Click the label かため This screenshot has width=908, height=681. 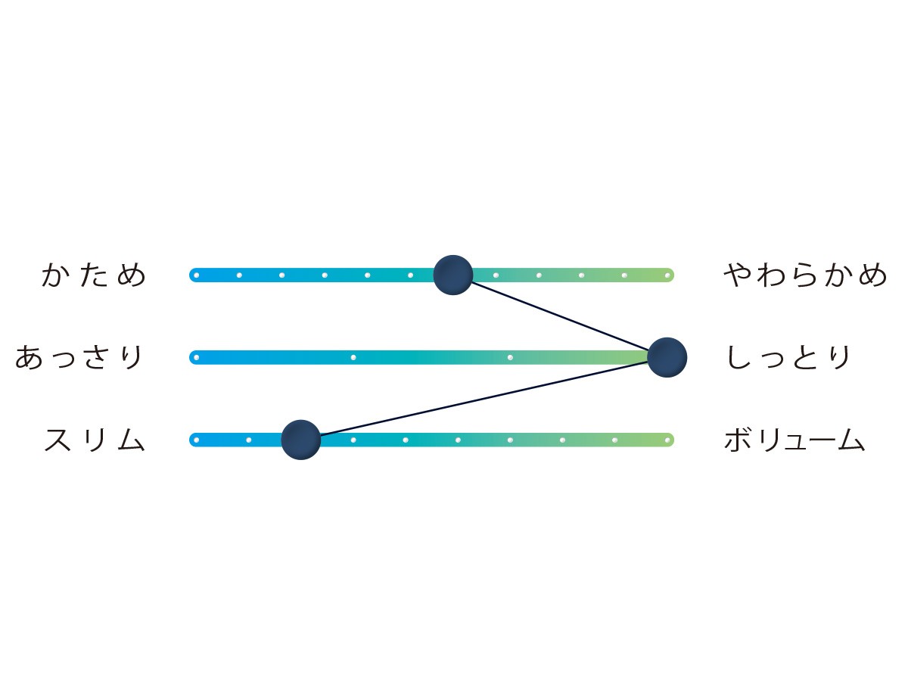[x=94, y=275]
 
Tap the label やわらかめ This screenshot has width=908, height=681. [x=806, y=275]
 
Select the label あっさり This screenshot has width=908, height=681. [x=79, y=357]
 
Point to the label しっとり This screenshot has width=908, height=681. [x=788, y=357]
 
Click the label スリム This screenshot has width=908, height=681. [x=95, y=440]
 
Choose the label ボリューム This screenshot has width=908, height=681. [x=794, y=440]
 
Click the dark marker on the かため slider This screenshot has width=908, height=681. [x=453, y=275]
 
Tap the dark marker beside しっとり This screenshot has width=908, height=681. [x=667, y=357]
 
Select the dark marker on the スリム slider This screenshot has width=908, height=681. [x=300, y=440]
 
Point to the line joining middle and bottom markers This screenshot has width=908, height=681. [x=484, y=398]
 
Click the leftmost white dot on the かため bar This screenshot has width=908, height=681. [x=197, y=275]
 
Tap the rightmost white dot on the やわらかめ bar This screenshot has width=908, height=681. [x=667, y=275]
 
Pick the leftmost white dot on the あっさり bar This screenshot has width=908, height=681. [x=197, y=357]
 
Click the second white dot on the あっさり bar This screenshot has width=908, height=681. [x=353, y=357]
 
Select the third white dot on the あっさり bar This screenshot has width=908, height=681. [x=510, y=357]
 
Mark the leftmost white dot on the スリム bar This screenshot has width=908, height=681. [x=197, y=440]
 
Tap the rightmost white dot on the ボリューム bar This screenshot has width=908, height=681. [x=667, y=440]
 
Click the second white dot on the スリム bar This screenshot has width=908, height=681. [x=249, y=440]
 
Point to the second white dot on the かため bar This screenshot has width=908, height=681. [x=239, y=275]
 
